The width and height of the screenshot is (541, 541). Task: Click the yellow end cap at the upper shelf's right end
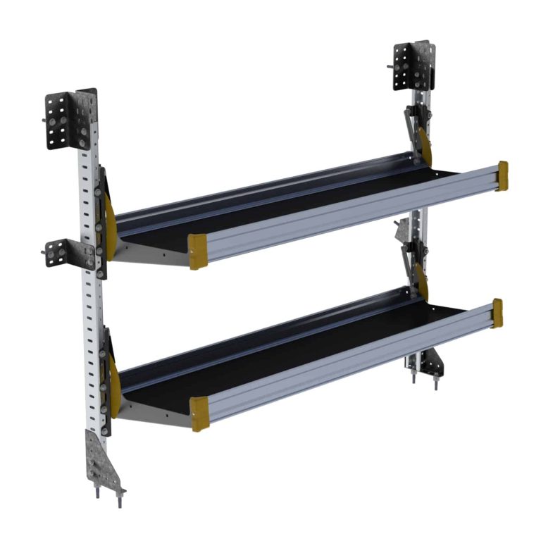click(x=502, y=175)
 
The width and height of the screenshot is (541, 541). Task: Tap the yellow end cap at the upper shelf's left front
click(x=198, y=251)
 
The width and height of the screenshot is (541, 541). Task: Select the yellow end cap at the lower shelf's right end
click(x=497, y=313)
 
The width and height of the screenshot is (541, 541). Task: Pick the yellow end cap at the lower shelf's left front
click(x=199, y=413)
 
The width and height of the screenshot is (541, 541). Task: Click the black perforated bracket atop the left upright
click(x=69, y=120)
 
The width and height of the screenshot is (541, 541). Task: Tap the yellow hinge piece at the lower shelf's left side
click(x=113, y=380)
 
